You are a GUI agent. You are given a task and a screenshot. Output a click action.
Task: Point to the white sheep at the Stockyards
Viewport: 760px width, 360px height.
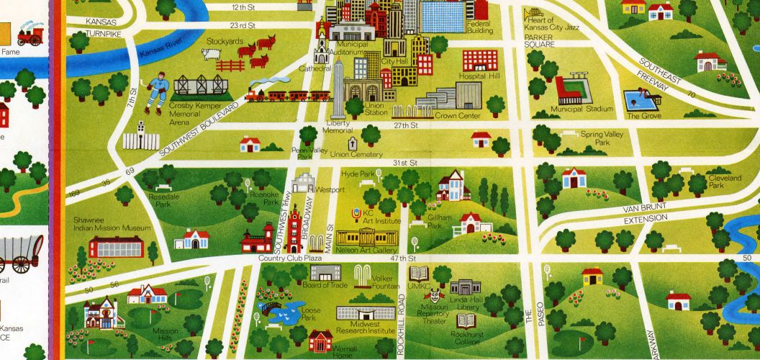click(x=210, y=55)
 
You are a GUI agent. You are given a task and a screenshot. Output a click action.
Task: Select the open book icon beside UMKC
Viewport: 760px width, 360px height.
click(x=418, y=274)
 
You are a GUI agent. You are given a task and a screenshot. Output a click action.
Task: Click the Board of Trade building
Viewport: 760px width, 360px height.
click(x=325, y=271)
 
